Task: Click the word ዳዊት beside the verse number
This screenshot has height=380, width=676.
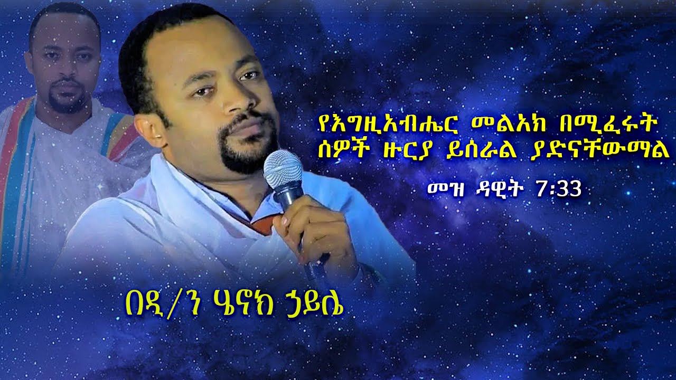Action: (500, 189)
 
